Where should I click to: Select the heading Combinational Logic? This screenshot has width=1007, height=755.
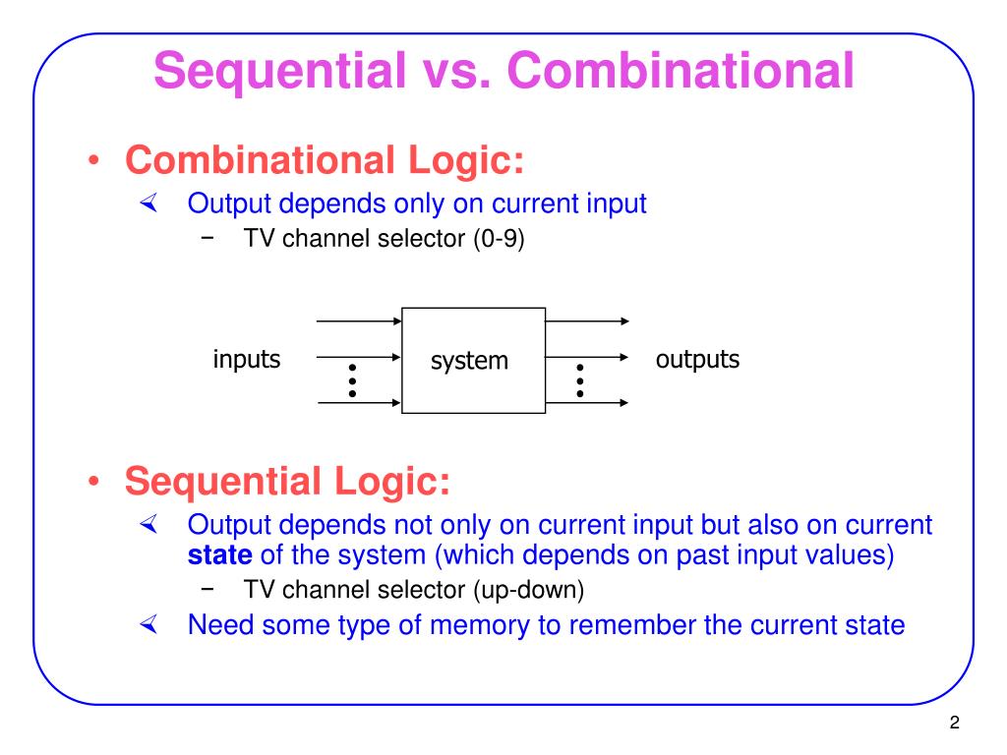coord(325,160)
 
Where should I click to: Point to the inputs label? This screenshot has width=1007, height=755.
coord(247,360)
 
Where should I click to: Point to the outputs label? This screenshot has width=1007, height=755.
coord(697,360)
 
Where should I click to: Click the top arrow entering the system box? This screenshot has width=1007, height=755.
coord(359,321)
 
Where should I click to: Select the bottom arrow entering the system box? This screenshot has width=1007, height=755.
coord(359,402)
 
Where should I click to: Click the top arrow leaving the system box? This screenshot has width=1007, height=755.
coord(587,321)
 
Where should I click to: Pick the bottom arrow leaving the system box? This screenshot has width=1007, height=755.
coord(587,402)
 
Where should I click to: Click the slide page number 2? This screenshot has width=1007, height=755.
coord(954,725)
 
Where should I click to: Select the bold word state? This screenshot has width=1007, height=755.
coord(220,555)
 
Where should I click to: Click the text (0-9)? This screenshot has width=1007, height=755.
coord(498,239)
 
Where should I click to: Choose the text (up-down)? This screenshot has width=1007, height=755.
coord(528,590)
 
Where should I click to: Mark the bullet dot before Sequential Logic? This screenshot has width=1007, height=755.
coord(92,483)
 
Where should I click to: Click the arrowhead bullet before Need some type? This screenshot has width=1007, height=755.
coord(148,624)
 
